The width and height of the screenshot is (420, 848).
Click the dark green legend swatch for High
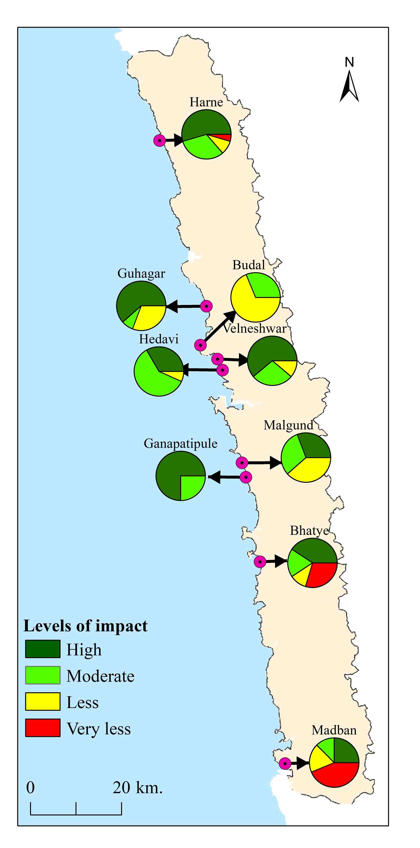point(43,649)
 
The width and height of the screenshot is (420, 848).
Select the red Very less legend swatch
point(43,728)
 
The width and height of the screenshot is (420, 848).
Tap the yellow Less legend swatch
point(43,701)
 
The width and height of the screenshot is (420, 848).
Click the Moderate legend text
point(101,676)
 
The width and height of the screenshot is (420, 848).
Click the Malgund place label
point(288,425)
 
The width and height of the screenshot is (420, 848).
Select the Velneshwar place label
point(255,328)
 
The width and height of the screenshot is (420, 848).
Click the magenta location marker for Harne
point(160,141)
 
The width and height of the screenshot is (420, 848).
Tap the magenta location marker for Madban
point(285,763)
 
